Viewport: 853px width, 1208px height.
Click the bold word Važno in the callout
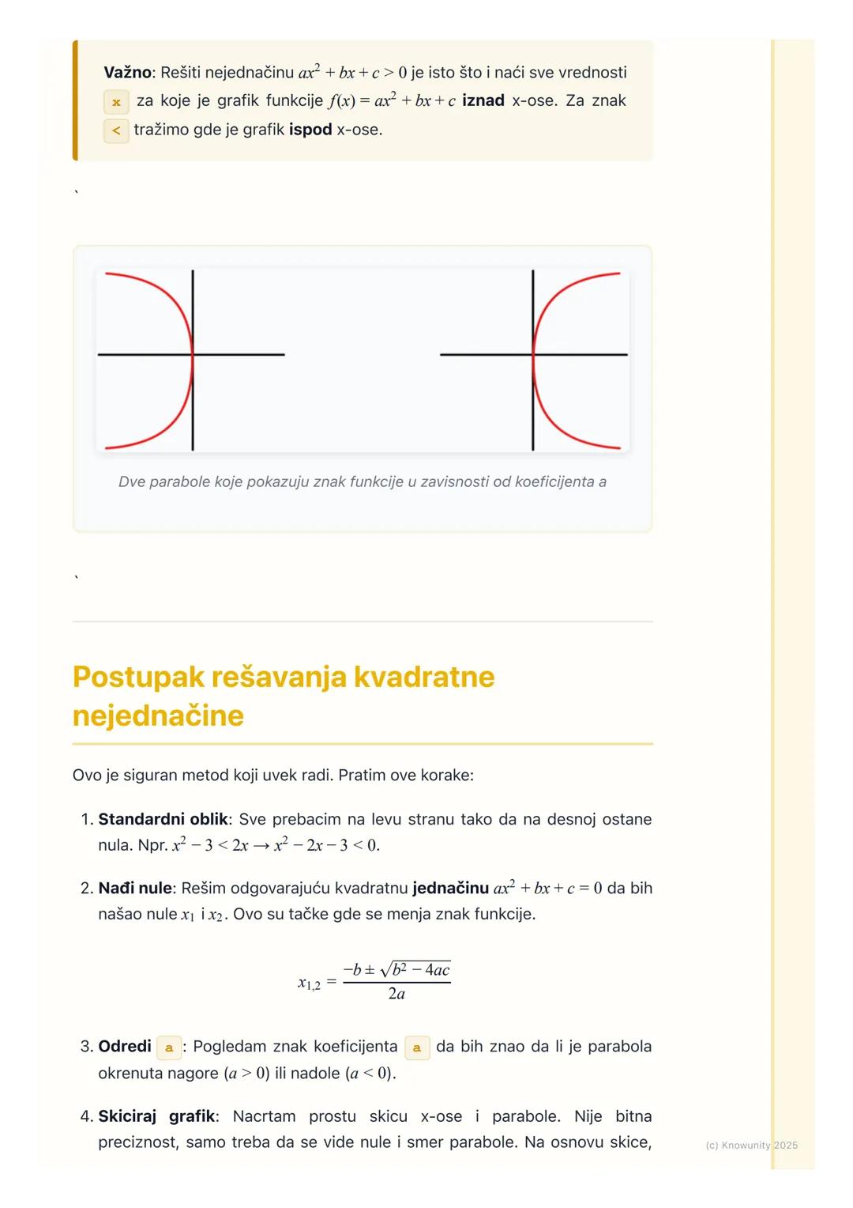(126, 73)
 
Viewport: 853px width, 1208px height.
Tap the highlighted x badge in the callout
(116, 102)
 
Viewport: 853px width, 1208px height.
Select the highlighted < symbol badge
(116, 130)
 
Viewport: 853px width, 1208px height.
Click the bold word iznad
(483, 101)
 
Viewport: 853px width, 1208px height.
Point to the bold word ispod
(310, 130)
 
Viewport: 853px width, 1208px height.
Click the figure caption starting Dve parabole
(363, 481)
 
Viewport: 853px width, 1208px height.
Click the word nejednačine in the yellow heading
(158, 715)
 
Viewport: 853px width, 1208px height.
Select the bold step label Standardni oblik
(163, 819)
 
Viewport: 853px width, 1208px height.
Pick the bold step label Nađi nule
(134, 888)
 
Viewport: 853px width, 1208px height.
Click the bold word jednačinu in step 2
(450, 888)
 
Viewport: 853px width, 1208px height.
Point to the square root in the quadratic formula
(415, 970)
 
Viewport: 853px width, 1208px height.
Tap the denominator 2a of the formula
(396, 994)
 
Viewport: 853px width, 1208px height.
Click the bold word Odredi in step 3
(125, 1047)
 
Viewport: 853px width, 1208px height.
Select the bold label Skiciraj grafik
(156, 1116)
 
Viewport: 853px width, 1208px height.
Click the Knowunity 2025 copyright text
(751, 1145)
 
